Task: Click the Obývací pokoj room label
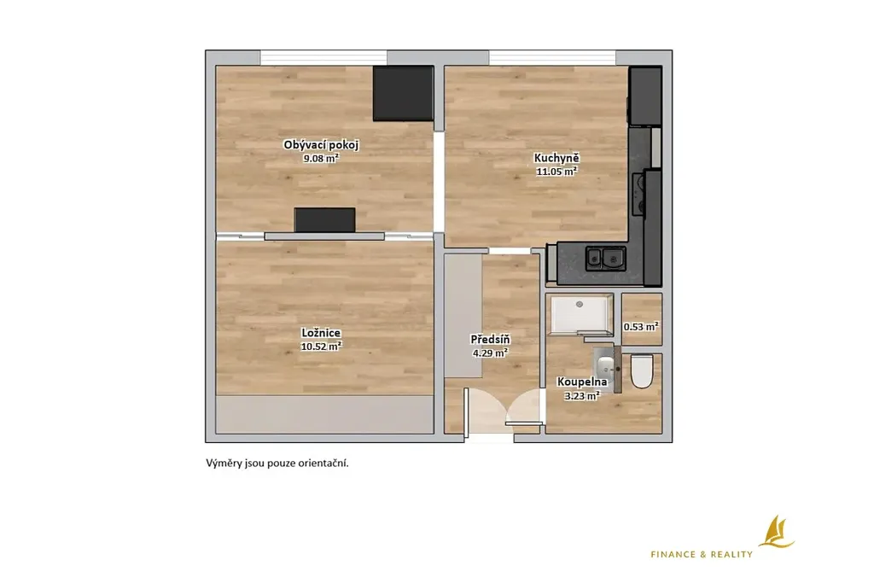pos(321,145)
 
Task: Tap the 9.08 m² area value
pos(321,158)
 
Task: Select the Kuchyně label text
pos(556,158)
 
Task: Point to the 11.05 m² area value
pos(556,172)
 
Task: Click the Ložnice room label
pos(321,333)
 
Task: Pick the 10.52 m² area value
pos(321,346)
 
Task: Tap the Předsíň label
pos(491,340)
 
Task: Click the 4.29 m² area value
pos(489,353)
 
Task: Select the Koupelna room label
pos(582,382)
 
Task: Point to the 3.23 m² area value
pos(582,396)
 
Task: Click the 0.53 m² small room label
pos(642,327)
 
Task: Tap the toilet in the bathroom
pos(642,371)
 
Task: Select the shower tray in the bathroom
pos(580,316)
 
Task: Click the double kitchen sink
pos(605,258)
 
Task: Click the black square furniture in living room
pos(403,93)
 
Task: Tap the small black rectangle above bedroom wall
pos(325,219)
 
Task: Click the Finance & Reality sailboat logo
pos(776,532)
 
